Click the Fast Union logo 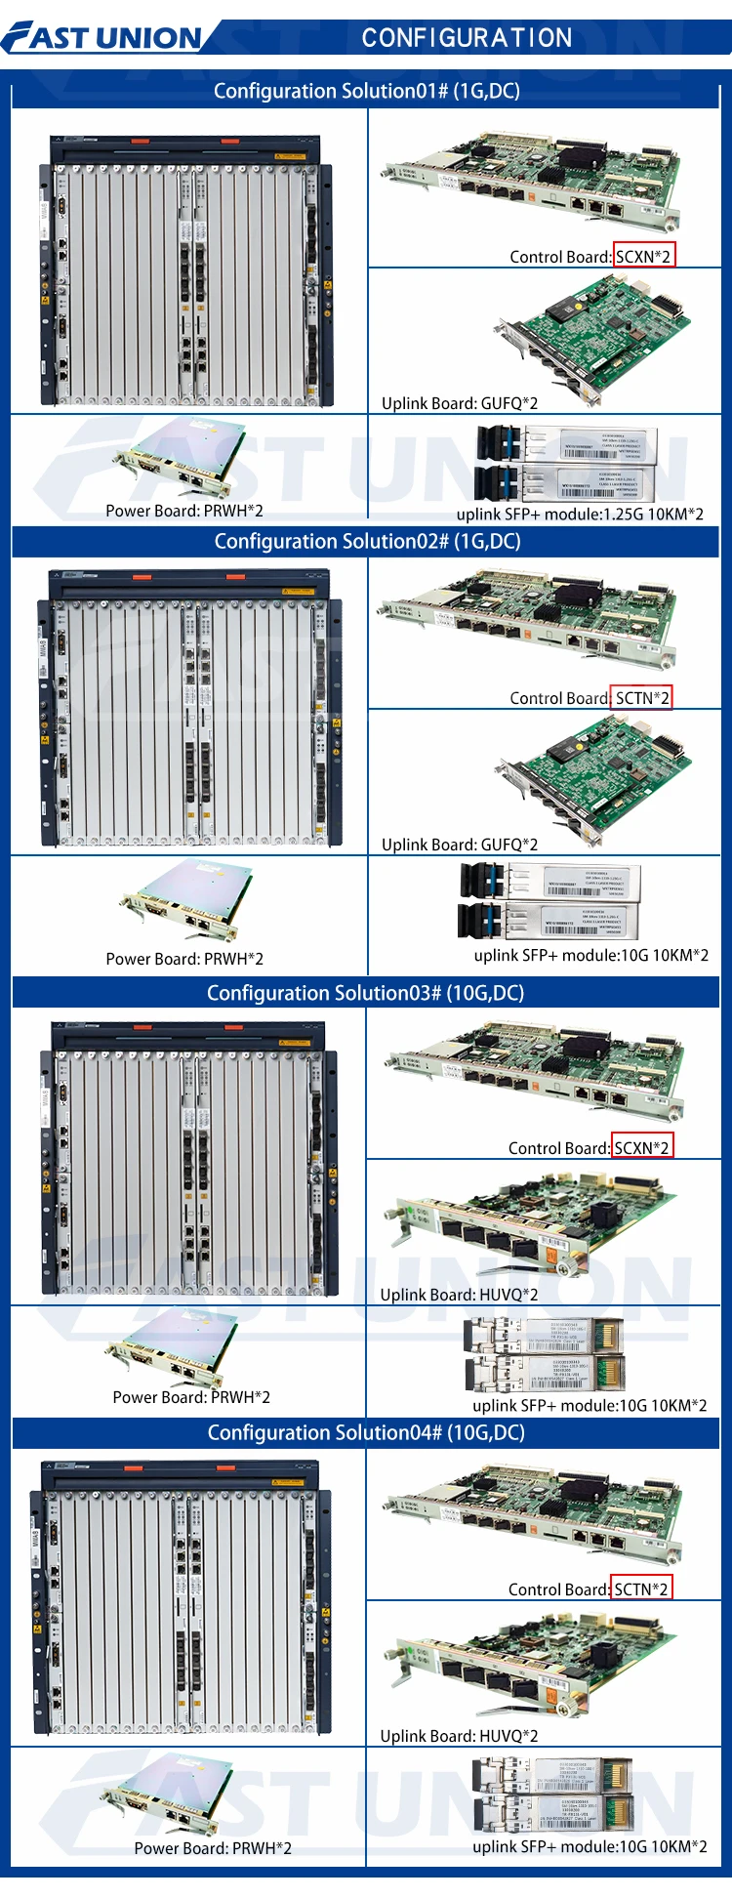tap(102, 37)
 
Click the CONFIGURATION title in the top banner tap(467, 38)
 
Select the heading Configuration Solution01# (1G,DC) tap(366, 91)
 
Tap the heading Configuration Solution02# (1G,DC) tap(367, 541)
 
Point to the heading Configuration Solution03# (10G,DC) tap(365, 993)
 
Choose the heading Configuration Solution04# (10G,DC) tap(366, 1432)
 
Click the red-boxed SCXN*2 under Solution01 tap(643, 256)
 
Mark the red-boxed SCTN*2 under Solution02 tap(642, 698)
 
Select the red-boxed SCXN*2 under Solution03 tap(642, 1147)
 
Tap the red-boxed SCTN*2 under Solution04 tap(641, 1589)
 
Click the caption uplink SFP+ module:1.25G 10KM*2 tap(580, 514)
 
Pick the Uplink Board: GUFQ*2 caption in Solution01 tap(460, 403)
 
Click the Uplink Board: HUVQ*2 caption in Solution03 tap(459, 1295)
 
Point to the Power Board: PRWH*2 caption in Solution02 tap(184, 959)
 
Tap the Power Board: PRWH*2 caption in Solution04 tap(213, 1848)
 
